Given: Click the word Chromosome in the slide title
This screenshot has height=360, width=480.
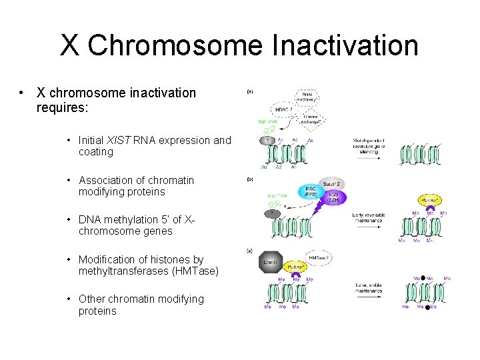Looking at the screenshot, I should [176, 45].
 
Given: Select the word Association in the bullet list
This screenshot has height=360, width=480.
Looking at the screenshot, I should [106, 180].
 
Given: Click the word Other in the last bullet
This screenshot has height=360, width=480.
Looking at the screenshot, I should [93, 299].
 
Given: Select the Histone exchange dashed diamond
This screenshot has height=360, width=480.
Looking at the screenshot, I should [314, 121].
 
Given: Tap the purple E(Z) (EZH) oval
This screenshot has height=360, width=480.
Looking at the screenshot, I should [333, 197].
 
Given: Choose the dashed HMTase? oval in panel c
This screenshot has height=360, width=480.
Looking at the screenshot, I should [319, 257].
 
